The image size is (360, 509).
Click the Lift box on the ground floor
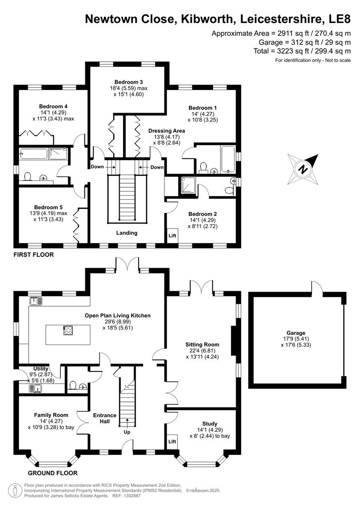click(x=172, y=442)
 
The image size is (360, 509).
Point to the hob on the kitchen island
click(x=67, y=330)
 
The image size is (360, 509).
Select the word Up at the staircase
click(x=127, y=432)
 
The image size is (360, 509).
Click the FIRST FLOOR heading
click(x=33, y=254)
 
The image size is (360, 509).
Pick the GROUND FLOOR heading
click(x=52, y=473)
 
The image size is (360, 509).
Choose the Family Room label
click(x=51, y=415)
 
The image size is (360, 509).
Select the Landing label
click(x=127, y=233)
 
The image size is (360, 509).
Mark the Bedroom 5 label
click(x=48, y=207)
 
